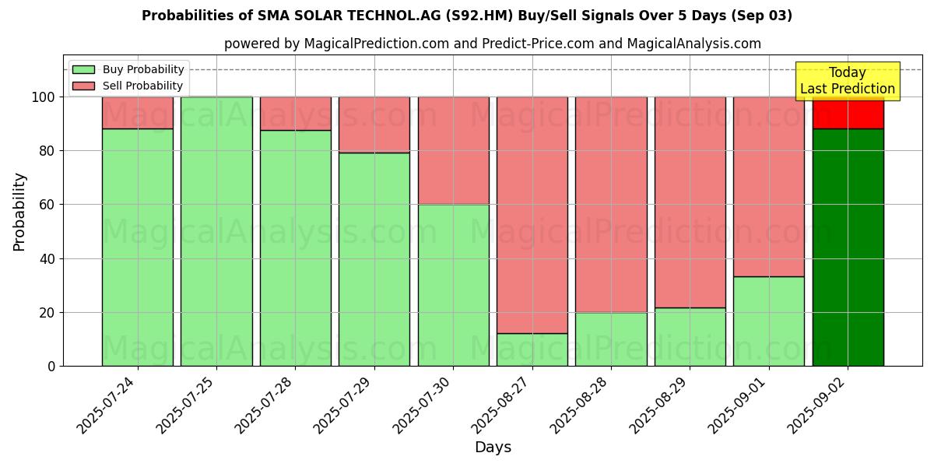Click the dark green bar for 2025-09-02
click(x=848, y=247)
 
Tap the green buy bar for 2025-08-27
click(x=532, y=349)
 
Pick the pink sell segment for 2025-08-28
click(x=611, y=204)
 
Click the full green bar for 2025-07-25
click(x=216, y=231)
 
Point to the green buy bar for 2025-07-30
click(x=453, y=285)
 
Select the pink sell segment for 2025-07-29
click(x=374, y=125)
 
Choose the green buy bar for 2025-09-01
click(x=768, y=321)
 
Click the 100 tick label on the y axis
click(x=44, y=97)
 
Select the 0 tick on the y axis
click(x=51, y=366)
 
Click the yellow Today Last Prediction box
click(x=847, y=81)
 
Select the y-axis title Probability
click(x=19, y=212)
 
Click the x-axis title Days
click(x=493, y=448)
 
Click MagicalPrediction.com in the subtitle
click(x=376, y=44)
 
